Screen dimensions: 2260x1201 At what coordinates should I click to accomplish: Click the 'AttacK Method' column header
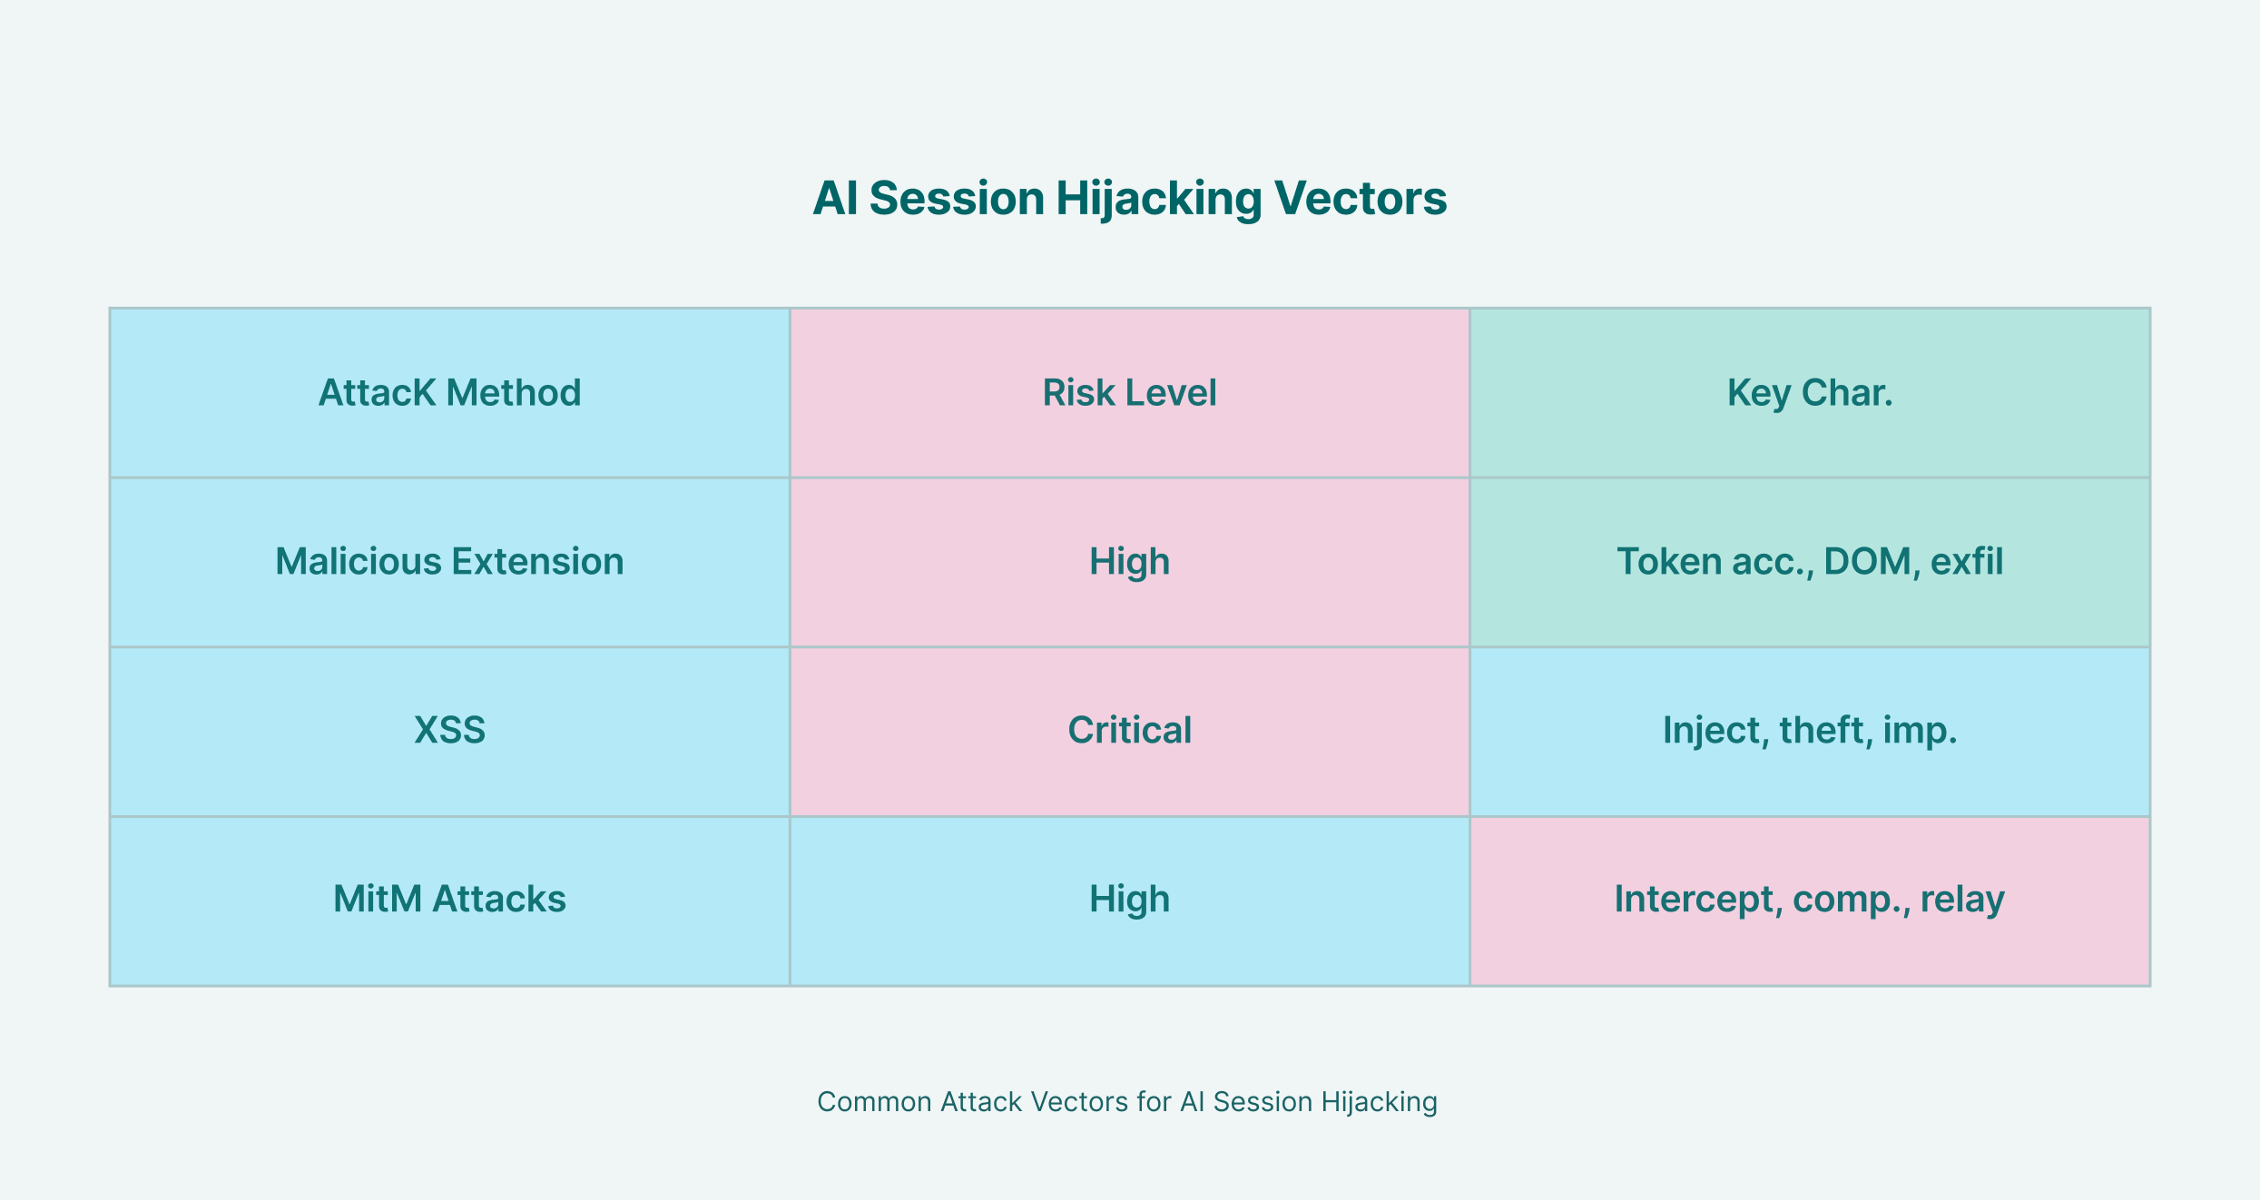point(449,393)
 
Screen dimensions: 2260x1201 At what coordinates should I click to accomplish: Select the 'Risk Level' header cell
point(1130,393)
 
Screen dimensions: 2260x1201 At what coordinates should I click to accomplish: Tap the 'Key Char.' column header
point(1810,393)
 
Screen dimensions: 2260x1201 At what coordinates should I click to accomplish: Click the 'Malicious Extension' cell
point(449,562)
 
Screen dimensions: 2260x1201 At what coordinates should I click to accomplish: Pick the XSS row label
point(449,731)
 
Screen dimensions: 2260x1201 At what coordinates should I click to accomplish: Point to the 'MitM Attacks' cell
point(449,900)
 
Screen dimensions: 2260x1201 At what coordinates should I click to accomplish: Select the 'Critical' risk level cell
point(1130,731)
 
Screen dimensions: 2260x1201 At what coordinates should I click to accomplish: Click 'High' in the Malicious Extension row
point(1130,562)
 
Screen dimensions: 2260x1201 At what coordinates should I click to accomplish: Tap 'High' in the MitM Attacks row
point(1130,900)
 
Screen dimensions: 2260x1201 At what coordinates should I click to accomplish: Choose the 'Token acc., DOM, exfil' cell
point(1810,562)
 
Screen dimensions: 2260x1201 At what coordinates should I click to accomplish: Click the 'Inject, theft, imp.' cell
point(1810,731)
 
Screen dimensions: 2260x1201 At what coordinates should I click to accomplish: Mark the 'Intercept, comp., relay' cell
point(1810,900)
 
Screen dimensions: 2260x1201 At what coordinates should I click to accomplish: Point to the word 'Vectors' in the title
point(1361,198)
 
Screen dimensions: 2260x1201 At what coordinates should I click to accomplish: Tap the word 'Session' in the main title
point(957,198)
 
